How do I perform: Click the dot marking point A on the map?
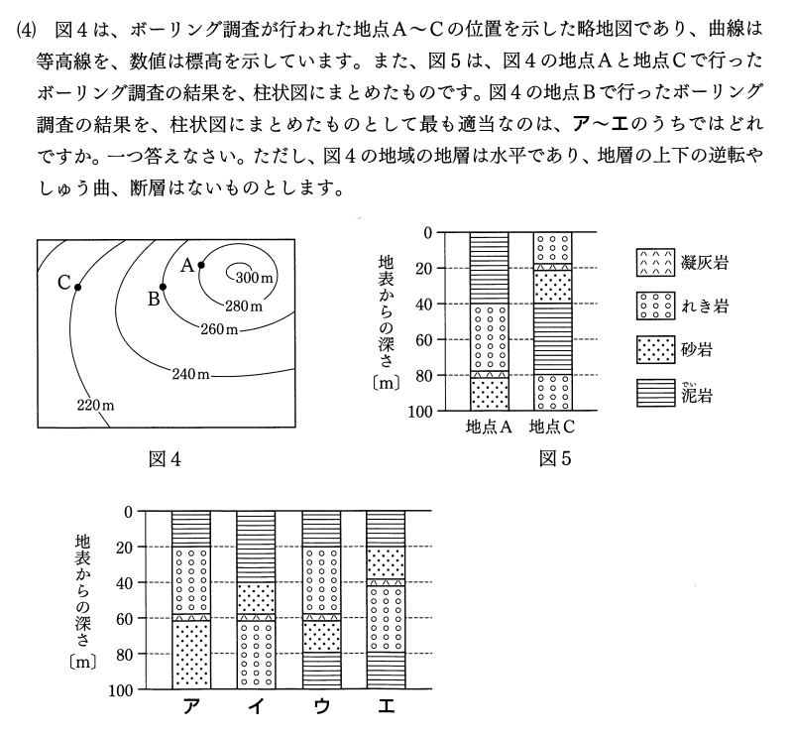pos(201,264)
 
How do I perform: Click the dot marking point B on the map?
pos(164,287)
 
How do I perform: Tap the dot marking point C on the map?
pos(78,287)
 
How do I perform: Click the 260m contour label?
pos(220,329)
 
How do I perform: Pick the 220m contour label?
pos(95,405)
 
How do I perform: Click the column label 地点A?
pos(488,428)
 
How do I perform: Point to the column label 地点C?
pos(552,428)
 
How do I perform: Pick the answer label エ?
pos(385,707)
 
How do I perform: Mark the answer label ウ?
pos(320,707)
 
